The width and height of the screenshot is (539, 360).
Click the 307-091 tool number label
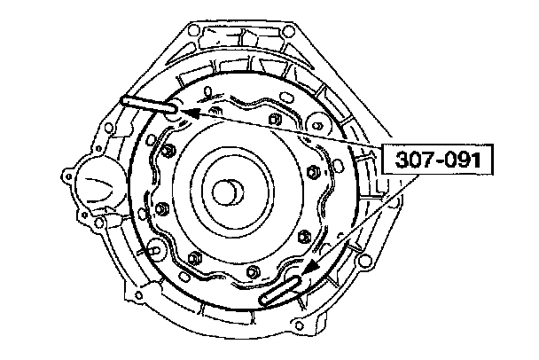tap(438, 160)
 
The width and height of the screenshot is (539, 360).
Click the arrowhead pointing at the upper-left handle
tap(190, 113)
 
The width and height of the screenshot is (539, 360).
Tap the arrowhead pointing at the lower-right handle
tap(311, 268)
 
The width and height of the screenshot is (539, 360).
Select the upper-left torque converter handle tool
tap(149, 105)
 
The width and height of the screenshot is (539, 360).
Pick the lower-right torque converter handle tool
tap(281, 290)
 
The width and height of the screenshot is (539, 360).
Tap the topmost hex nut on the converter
tap(274, 120)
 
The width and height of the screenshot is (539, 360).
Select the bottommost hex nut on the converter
tap(252, 272)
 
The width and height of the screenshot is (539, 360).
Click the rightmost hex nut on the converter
tap(312, 171)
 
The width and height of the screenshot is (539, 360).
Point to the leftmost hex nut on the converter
tap(160, 209)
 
